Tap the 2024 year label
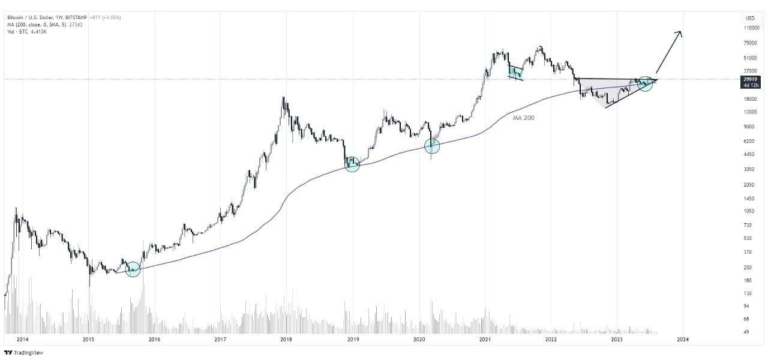(x=682, y=340)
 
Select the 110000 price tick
(x=751, y=28)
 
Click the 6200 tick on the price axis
(x=749, y=141)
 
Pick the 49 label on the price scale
(x=747, y=331)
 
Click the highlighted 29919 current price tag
(x=750, y=79)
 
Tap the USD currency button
(x=750, y=17)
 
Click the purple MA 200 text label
(x=523, y=118)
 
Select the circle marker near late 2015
(x=133, y=269)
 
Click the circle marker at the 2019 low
(x=352, y=164)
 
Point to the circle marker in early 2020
(x=432, y=145)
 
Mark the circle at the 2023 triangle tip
(x=645, y=83)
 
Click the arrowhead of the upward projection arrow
(x=680, y=33)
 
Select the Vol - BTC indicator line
(x=28, y=31)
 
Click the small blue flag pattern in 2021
(x=515, y=73)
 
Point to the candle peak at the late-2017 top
(x=283, y=98)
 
